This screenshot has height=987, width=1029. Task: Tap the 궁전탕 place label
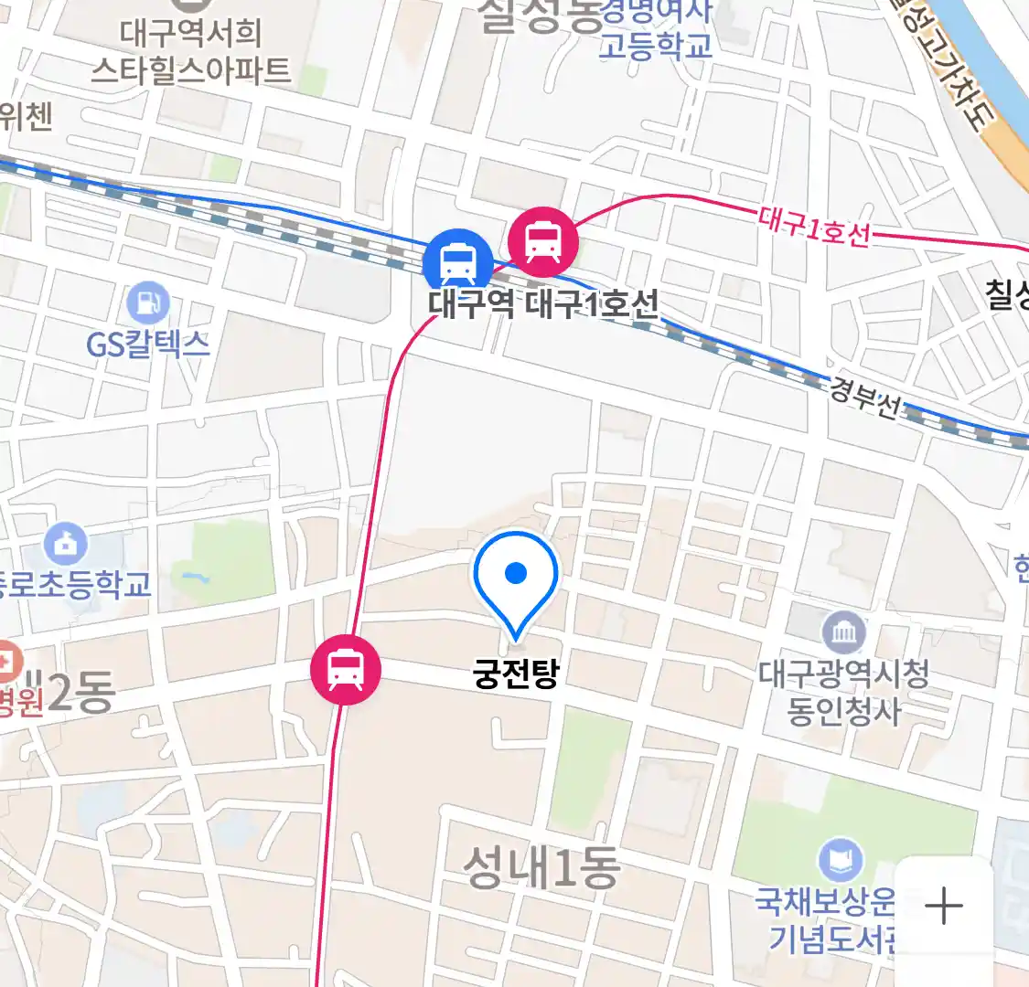[516, 674]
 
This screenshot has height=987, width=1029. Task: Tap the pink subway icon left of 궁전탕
[345, 668]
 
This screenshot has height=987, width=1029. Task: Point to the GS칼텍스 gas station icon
[148, 303]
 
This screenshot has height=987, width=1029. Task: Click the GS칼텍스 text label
[148, 344]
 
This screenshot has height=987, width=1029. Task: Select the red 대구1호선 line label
[814, 227]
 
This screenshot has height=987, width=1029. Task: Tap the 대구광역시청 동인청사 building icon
[843, 632]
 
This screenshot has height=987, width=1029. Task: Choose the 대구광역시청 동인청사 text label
[843, 693]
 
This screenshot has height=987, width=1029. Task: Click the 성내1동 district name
[541, 866]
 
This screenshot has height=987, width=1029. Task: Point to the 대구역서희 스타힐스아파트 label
[190, 52]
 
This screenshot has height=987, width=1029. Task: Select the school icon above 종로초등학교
[66, 544]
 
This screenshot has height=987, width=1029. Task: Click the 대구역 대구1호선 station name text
[543, 303]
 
